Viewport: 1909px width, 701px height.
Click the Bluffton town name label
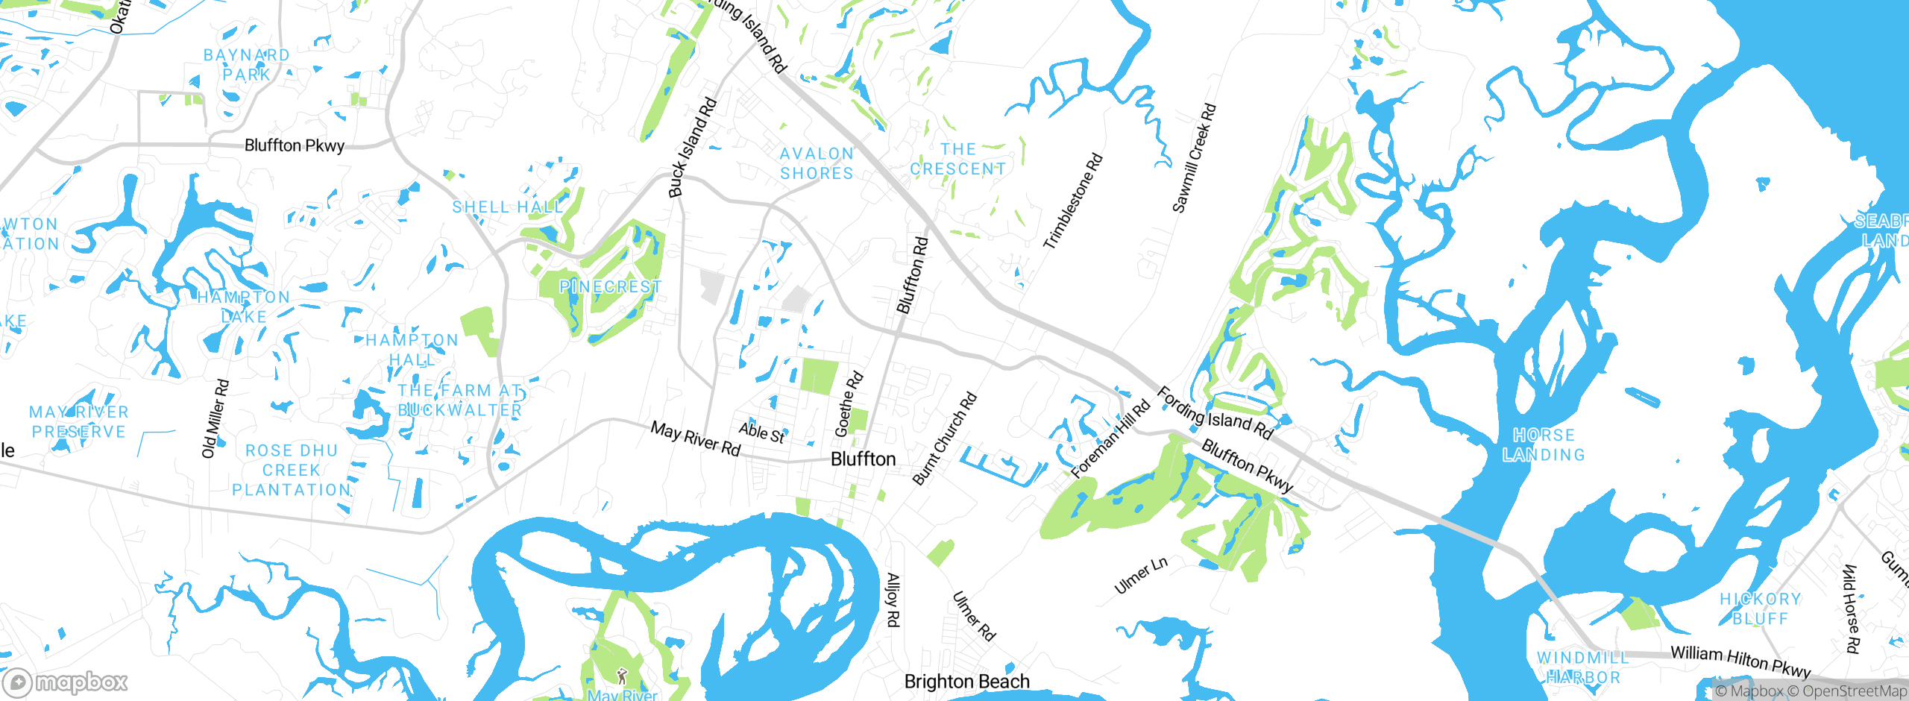click(863, 459)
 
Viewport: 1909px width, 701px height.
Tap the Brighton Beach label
click(966, 681)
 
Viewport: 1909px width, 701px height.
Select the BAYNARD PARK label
click(247, 65)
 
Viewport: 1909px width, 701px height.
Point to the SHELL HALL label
click(508, 207)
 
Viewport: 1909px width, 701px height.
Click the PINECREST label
click(610, 287)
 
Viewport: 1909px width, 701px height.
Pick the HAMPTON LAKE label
click(244, 307)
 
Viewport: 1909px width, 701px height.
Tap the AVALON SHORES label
click(817, 163)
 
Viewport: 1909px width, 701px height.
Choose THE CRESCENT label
click(957, 160)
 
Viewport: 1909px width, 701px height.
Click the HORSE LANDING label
click(1544, 444)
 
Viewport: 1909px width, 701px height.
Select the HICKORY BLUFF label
click(1760, 609)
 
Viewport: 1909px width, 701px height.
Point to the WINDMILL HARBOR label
click(1583, 667)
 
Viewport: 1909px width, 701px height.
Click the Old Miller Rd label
click(215, 418)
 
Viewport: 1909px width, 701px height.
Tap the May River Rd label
click(695, 438)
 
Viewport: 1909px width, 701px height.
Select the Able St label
click(761, 433)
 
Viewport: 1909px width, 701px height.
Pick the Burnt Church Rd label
click(944, 438)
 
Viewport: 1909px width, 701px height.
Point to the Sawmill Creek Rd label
click(1194, 158)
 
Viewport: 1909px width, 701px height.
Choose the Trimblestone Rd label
click(1073, 201)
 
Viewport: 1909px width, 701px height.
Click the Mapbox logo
click(66, 682)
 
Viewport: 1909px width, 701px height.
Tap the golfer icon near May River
click(622, 676)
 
